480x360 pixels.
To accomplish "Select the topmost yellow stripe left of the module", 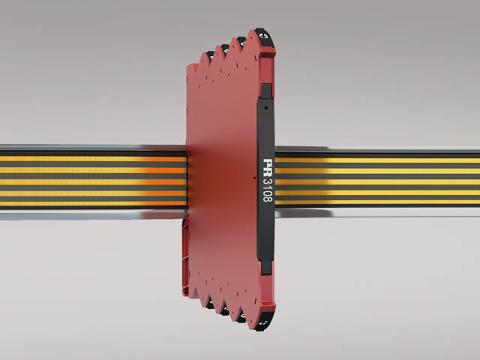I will coord(90,159).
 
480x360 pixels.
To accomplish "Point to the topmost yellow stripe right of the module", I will coord(375,160).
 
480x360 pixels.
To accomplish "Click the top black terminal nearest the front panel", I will coord(262,35).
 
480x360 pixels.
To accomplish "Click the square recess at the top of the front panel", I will coord(265,91).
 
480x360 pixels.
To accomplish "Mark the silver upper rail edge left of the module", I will coord(90,148).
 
